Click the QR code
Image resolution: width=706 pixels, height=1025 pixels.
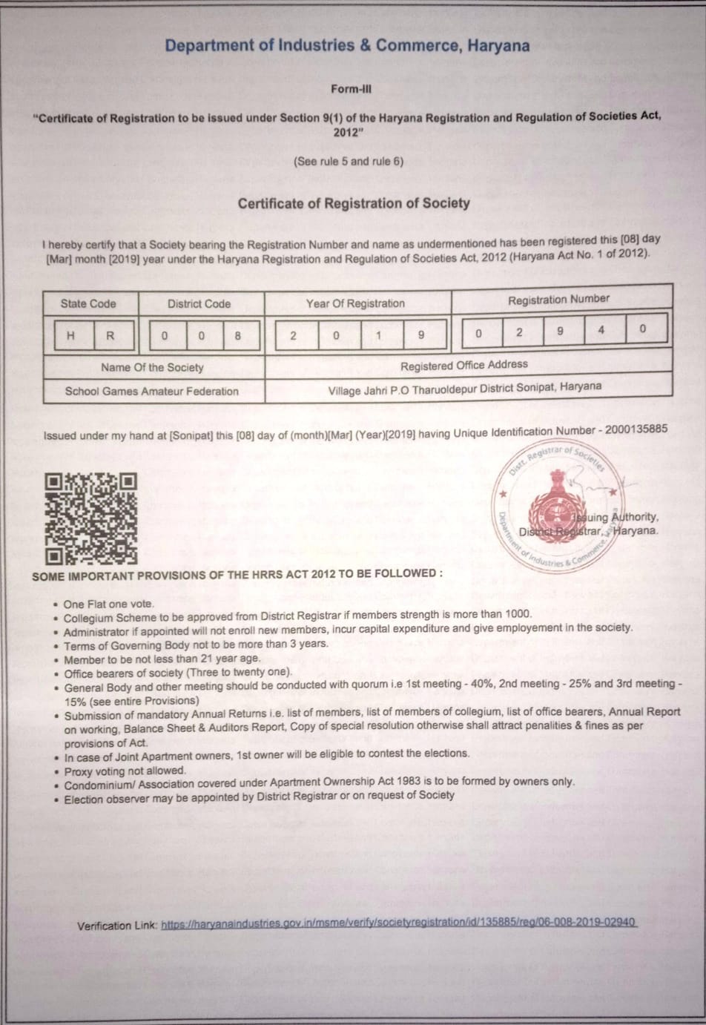click(x=91, y=518)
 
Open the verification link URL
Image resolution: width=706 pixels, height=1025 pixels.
click(x=398, y=923)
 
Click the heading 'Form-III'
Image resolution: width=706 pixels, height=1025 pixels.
click(x=351, y=89)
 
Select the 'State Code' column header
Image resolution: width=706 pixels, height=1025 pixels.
click(x=88, y=303)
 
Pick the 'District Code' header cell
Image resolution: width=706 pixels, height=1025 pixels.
click(x=199, y=303)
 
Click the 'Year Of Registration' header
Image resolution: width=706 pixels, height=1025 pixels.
click(x=355, y=303)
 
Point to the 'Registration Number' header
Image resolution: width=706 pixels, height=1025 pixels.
click(x=558, y=300)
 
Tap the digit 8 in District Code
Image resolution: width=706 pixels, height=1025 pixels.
click(x=237, y=335)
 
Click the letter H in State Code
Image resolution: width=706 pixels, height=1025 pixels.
click(x=70, y=335)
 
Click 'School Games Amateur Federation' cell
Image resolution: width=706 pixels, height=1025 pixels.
click(x=152, y=391)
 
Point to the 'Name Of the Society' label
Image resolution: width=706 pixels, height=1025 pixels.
click(x=152, y=367)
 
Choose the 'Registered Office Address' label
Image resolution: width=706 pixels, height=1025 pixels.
click(x=464, y=365)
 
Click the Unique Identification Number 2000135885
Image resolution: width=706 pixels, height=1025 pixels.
click(x=636, y=429)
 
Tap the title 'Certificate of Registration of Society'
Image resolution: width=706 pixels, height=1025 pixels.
click(x=354, y=203)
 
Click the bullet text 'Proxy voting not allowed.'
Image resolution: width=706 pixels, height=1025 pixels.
click(x=125, y=771)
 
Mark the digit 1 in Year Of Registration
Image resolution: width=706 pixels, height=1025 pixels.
click(x=378, y=335)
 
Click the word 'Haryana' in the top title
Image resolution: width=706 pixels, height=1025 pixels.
click(x=498, y=46)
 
